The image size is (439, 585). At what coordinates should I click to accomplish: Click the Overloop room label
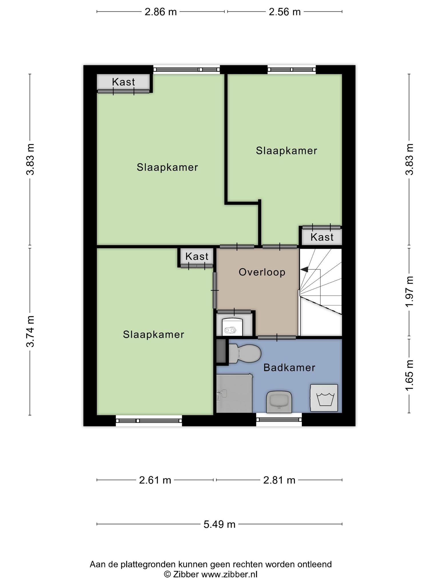(x=262, y=272)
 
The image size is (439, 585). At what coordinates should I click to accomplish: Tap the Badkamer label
(x=289, y=368)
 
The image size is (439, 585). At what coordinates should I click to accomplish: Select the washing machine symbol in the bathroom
(x=324, y=398)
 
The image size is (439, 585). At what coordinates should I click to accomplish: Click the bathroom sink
(x=279, y=402)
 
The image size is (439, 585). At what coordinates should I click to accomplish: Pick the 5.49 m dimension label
(x=219, y=524)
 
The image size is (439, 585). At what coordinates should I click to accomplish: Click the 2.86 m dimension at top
(x=161, y=12)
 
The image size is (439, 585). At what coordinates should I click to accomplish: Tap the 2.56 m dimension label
(x=285, y=12)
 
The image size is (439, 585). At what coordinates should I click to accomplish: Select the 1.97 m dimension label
(x=409, y=292)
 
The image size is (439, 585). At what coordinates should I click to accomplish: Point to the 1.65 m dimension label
(x=409, y=375)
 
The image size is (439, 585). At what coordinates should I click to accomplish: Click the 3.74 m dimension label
(x=30, y=331)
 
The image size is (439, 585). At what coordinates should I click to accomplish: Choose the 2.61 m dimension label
(x=155, y=480)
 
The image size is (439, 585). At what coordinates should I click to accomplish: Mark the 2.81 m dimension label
(x=279, y=480)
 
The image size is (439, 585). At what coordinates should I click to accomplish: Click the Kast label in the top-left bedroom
(x=123, y=82)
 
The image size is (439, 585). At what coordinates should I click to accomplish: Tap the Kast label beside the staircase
(x=322, y=237)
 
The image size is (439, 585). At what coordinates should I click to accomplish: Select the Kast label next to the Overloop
(x=197, y=257)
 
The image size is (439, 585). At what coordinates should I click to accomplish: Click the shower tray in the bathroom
(x=234, y=393)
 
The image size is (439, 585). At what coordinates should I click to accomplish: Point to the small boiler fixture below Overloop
(x=232, y=327)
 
